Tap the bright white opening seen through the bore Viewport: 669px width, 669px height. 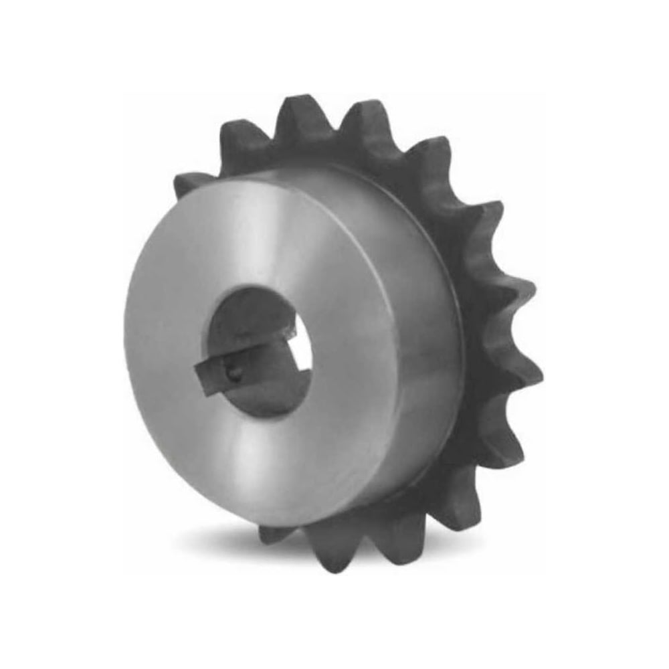point(302,365)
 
